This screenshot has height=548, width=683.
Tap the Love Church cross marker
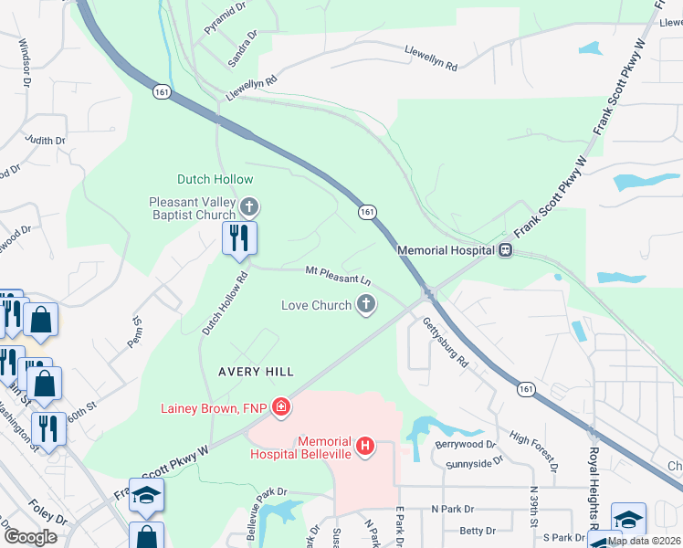(x=366, y=305)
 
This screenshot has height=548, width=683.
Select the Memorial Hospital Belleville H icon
(x=365, y=446)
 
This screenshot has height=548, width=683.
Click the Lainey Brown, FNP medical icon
(x=281, y=407)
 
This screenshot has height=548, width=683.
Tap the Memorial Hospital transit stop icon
(x=504, y=249)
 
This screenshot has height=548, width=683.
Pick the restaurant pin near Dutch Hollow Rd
(x=239, y=238)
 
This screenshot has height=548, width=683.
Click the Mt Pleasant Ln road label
(x=338, y=273)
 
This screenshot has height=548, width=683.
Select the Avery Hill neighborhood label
(x=256, y=372)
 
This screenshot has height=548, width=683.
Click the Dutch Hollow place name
(x=215, y=179)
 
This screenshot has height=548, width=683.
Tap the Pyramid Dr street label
(x=226, y=17)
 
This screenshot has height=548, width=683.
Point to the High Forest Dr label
(x=534, y=448)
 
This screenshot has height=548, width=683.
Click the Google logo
(x=30, y=537)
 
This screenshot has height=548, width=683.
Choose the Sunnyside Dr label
(x=474, y=463)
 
